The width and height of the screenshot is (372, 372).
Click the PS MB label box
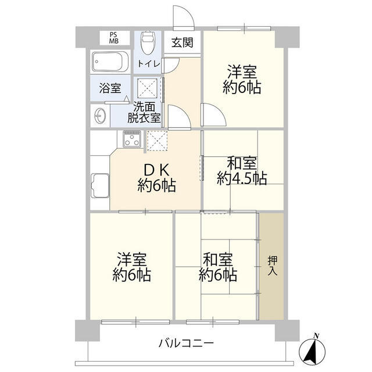[113, 38]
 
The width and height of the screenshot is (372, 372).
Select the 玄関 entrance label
[183, 43]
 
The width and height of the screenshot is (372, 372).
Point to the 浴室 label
[110, 88]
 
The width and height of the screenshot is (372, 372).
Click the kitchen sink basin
[100, 187]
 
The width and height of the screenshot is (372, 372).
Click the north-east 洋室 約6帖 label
[242, 80]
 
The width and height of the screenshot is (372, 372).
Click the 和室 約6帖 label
[218, 266]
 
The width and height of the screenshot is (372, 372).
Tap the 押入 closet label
[272, 266]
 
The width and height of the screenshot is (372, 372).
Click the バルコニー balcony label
[187, 342]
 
